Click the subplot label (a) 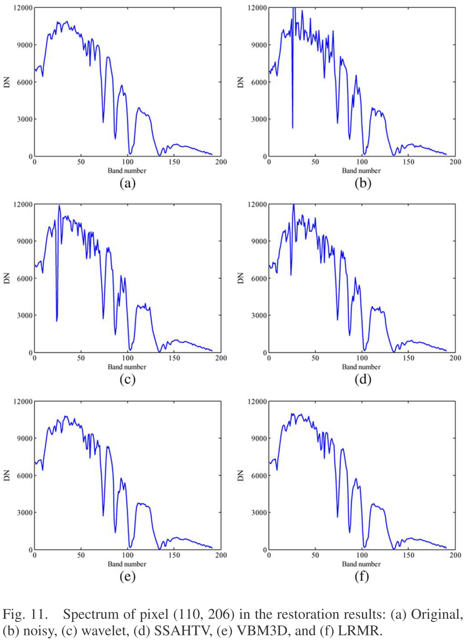click(x=127, y=183)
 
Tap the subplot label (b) click(x=362, y=183)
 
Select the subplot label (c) click(x=127, y=379)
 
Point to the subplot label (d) click(x=362, y=379)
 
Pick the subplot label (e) click(x=127, y=577)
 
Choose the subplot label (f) click(x=362, y=577)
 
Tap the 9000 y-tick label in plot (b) click(x=259, y=45)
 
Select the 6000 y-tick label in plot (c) click(x=25, y=278)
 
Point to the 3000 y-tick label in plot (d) click(x=259, y=315)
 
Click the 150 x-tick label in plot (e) click(x=174, y=555)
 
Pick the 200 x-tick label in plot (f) click(x=455, y=555)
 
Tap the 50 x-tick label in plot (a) click(x=81, y=162)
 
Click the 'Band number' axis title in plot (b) click(x=361, y=171)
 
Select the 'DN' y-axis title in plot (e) click(x=7, y=475)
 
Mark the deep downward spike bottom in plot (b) click(x=292, y=128)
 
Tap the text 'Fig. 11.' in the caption click(x=25, y=614)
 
